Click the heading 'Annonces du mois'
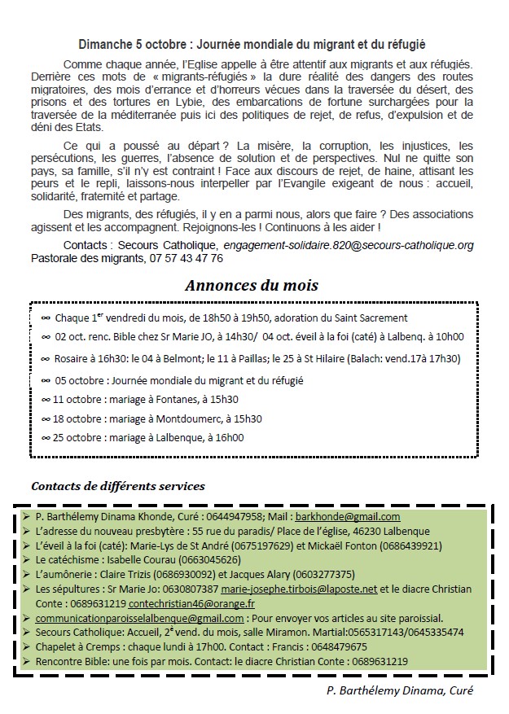(x=251, y=286)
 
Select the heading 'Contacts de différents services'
(x=117, y=486)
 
